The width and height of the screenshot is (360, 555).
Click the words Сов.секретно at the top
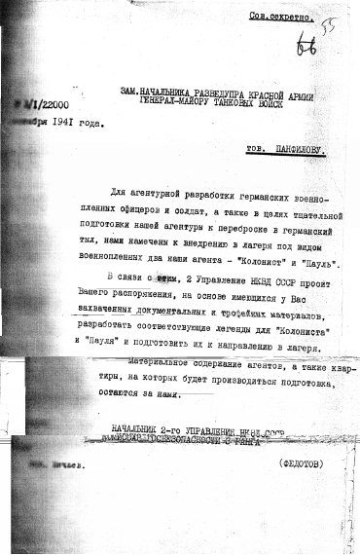(x=281, y=18)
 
